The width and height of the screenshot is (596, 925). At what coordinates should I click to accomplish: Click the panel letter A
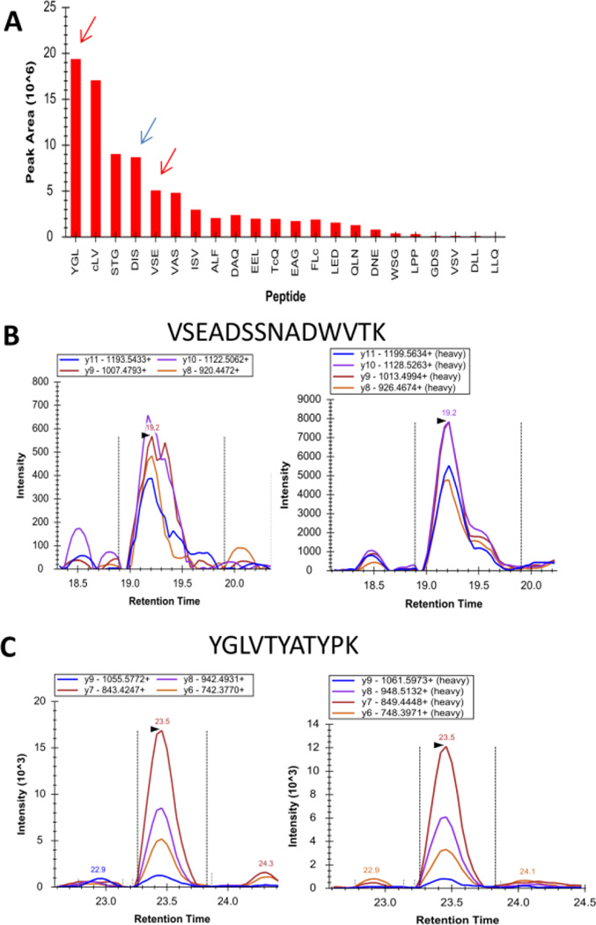[x=12, y=19]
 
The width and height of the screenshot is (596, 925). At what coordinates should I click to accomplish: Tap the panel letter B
[x=12, y=310]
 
